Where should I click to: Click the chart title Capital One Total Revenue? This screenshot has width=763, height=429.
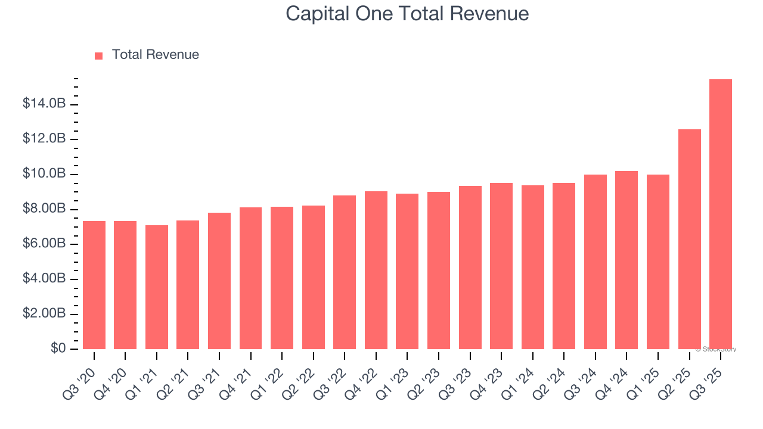[x=407, y=14]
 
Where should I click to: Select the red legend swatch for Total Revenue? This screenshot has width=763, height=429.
[x=99, y=55]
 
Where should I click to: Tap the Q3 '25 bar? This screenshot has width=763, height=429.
[x=721, y=214]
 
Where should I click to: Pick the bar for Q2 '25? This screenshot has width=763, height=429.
[x=689, y=239]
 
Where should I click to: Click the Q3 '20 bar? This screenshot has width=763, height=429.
[x=94, y=285]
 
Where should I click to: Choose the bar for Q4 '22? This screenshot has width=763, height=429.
[x=376, y=270]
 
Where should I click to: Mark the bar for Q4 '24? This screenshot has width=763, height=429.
[x=626, y=260]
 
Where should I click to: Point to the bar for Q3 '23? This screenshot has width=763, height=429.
[x=470, y=268]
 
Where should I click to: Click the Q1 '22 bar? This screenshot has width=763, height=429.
[x=282, y=278]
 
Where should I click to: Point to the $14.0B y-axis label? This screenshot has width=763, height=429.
[x=44, y=104]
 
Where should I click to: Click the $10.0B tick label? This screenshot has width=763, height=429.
[x=44, y=174]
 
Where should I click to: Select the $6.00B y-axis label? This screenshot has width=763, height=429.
[x=44, y=244]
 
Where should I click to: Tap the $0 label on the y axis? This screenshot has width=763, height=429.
[x=58, y=349]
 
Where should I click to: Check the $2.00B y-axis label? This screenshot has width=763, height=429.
[x=44, y=314]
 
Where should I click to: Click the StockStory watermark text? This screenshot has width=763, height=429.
[x=716, y=349]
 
